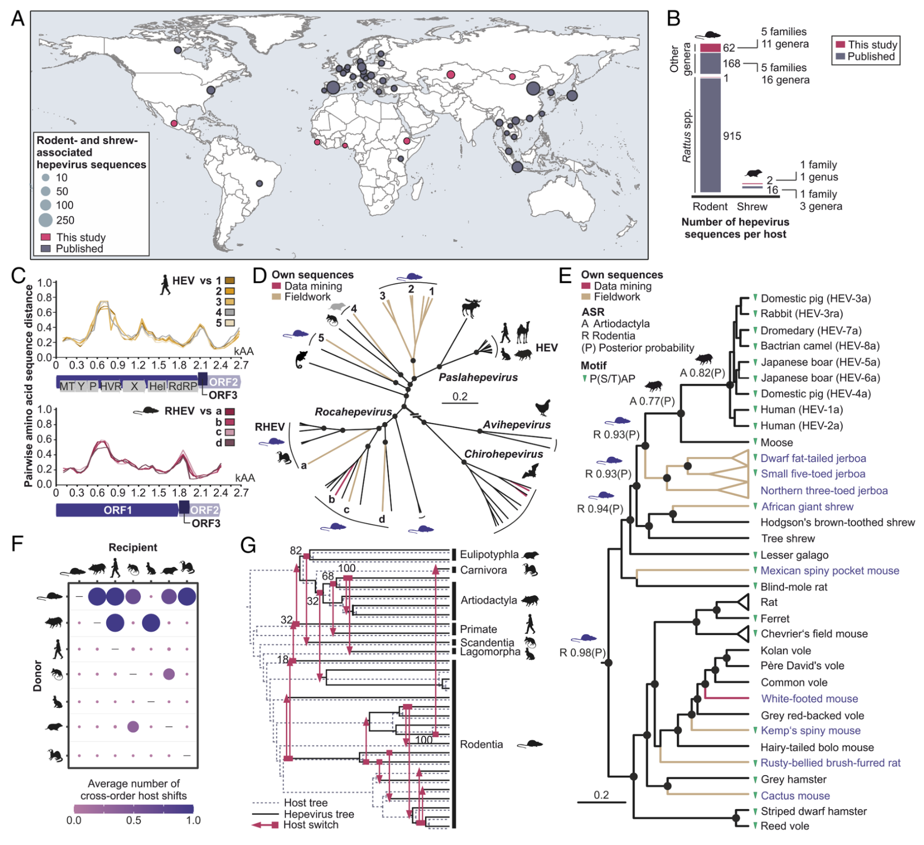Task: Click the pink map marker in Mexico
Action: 174,123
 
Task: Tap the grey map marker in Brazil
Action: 259,183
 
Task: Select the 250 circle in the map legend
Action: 46,220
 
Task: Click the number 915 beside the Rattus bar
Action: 731,136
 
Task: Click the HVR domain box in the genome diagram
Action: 111,386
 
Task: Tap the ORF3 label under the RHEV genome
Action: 206,523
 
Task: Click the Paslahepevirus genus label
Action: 478,377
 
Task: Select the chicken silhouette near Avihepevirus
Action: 543,407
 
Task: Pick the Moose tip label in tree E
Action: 777,442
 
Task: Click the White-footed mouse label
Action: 809,698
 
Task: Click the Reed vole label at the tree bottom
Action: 785,826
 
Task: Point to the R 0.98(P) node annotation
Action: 582,653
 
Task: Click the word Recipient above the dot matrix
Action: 133,547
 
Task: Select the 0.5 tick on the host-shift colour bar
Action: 133,820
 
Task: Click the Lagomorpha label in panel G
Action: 490,652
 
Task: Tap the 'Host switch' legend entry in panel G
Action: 310,824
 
